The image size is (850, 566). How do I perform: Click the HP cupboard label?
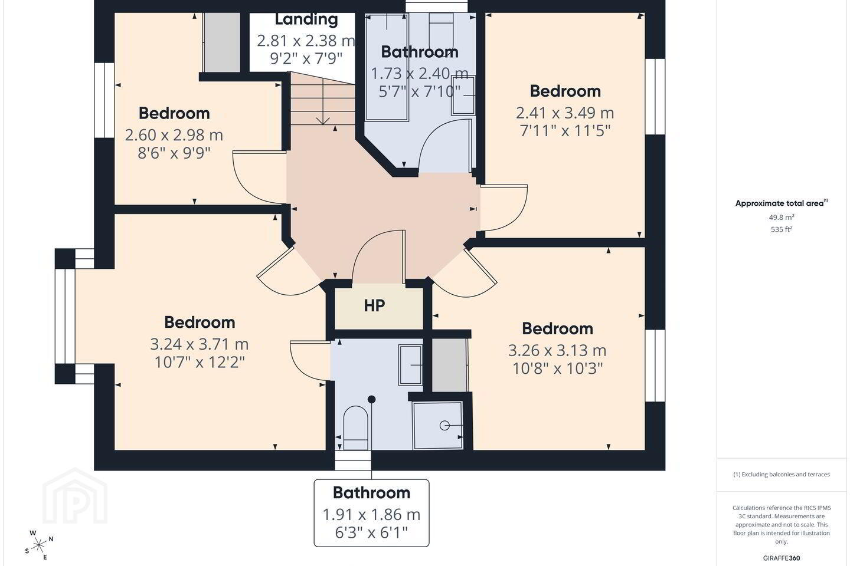click(x=374, y=305)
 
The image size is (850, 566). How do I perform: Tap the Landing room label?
click(x=306, y=19)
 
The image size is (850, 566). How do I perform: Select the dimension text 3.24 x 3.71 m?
click(x=200, y=344)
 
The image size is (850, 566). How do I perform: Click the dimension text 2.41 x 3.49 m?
click(x=565, y=113)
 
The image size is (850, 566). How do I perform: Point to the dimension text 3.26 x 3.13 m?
click(x=557, y=350)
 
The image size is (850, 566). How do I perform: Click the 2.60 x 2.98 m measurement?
click(x=174, y=135)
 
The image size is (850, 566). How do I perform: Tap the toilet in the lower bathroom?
click(x=355, y=428)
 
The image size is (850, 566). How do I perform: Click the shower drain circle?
click(x=444, y=426)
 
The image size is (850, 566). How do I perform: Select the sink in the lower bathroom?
click(x=411, y=365)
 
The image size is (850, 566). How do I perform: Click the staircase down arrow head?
click(x=322, y=121)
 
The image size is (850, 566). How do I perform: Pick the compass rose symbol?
click(x=39, y=545)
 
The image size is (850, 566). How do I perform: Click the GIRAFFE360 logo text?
click(x=782, y=558)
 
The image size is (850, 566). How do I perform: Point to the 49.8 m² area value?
click(x=782, y=217)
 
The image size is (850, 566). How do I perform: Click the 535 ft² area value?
click(x=782, y=229)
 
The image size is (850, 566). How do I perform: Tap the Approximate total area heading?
click(x=780, y=203)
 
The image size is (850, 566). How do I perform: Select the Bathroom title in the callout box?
click(x=371, y=493)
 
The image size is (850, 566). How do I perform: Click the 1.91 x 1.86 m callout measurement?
click(x=371, y=515)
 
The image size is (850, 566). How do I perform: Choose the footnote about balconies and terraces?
click(x=782, y=474)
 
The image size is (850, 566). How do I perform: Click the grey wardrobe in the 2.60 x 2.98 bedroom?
click(x=221, y=42)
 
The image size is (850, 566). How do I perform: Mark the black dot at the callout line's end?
click(x=371, y=399)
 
